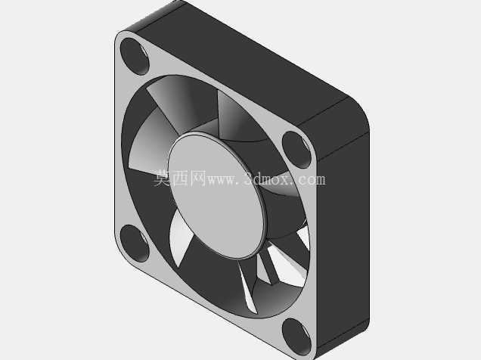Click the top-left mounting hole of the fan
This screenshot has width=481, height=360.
(x=134, y=57)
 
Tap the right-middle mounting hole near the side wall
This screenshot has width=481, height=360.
(x=297, y=150)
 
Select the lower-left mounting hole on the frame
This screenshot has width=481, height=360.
(x=134, y=244)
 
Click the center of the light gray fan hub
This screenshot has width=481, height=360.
(x=216, y=196)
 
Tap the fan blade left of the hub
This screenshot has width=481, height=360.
(x=151, y=144)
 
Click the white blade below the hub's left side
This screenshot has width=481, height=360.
(x=180, y=237)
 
